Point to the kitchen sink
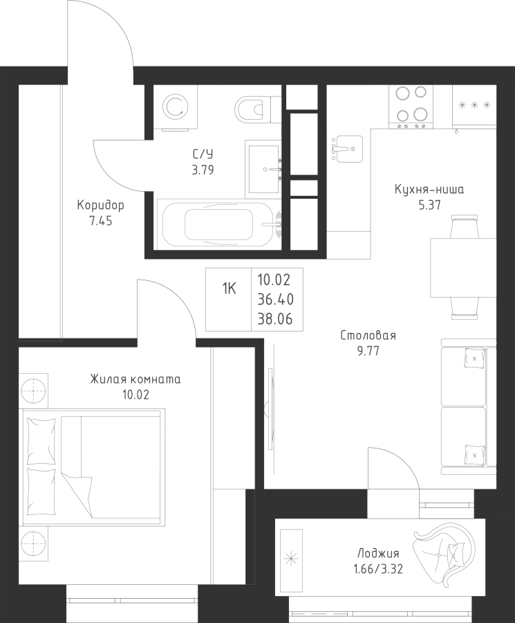[x=347, y=149]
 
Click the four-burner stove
[x=411, y=107]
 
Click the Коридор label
[x=101, y=205]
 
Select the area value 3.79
[x=203, y=170]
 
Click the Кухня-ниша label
[x=429, y=190]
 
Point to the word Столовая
[x=368, y=336]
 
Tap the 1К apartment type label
[x=229, y=289]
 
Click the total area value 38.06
[x=276, y=318]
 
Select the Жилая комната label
[x=135, y=379]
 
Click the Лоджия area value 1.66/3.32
[x=378, y=570]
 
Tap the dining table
[x=463, y=267]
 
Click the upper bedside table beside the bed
[x=33, y=390]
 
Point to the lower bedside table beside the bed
[x=33, y=543]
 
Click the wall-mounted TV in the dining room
[x=270, y=409]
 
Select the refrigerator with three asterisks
[x=474, y=107]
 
